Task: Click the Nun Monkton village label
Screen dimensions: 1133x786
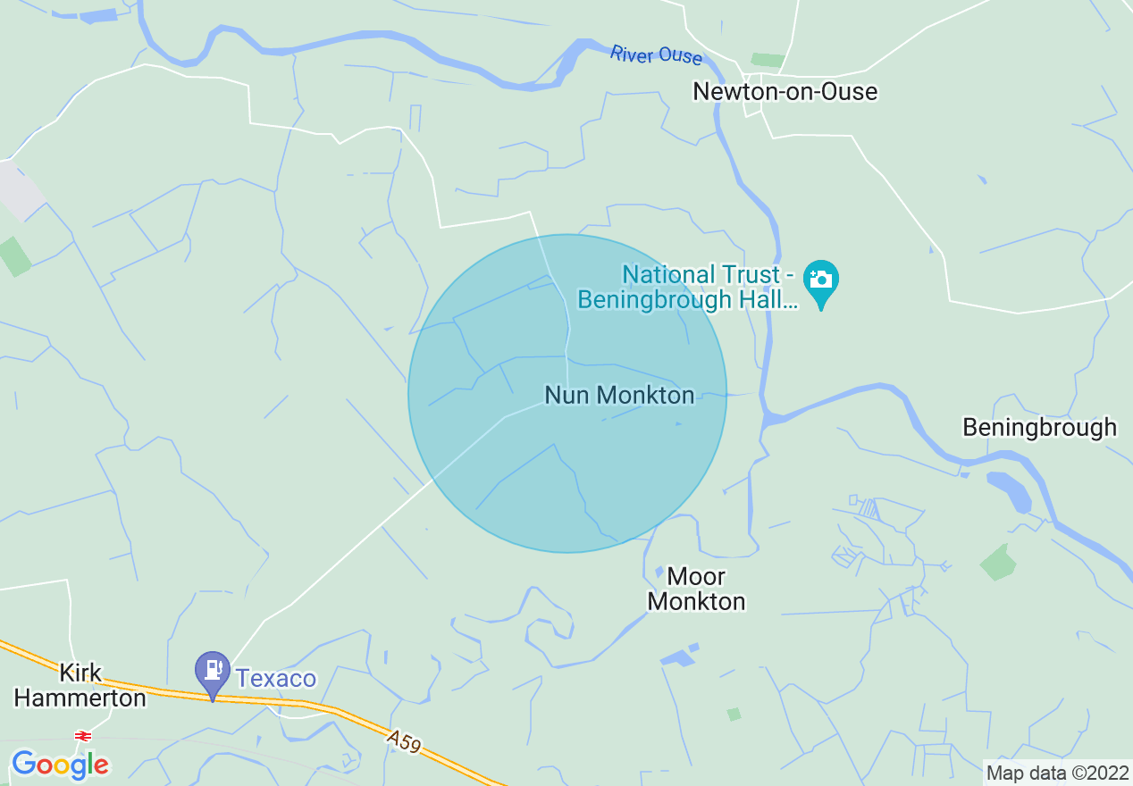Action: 619,395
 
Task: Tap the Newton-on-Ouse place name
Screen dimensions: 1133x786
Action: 785,91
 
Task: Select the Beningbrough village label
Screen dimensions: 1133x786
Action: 1039,427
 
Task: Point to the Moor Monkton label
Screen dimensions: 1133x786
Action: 696,589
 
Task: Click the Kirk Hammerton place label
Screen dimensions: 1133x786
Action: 80,685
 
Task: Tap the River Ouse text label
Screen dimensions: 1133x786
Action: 656,55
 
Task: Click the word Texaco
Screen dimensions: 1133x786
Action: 276,679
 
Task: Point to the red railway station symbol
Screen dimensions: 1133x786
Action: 83,735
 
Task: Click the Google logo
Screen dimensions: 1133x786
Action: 60,765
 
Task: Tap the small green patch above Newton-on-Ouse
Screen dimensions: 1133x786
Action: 767,60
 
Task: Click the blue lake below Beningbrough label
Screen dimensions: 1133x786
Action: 1009,491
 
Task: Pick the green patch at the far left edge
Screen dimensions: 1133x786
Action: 14,256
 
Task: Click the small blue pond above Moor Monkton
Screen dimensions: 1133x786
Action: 659,572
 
